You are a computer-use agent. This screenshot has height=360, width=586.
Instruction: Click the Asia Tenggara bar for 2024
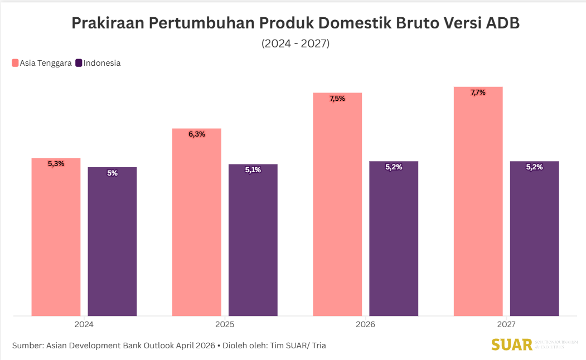click(56, 240)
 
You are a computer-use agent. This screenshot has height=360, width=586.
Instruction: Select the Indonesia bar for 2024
click(112, 245)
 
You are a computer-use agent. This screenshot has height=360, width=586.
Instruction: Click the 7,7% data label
click(478, 93)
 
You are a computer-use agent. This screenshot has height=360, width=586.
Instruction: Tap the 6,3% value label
click(197, 134)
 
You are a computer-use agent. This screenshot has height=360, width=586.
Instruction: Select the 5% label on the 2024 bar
click(112, 173)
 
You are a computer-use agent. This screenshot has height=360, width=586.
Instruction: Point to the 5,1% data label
click(253, 170)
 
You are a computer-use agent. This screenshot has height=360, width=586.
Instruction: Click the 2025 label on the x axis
click(225, 325)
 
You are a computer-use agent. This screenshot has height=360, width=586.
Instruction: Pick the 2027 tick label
click(506, 325)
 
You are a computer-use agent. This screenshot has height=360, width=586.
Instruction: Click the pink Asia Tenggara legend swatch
click(15, 63)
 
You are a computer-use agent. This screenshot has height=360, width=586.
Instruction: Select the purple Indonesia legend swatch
click(79, 63)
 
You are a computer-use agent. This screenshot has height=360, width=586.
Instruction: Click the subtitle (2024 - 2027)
click(296, 43)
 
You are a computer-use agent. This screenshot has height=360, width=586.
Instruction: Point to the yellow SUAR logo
click(511, 345)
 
